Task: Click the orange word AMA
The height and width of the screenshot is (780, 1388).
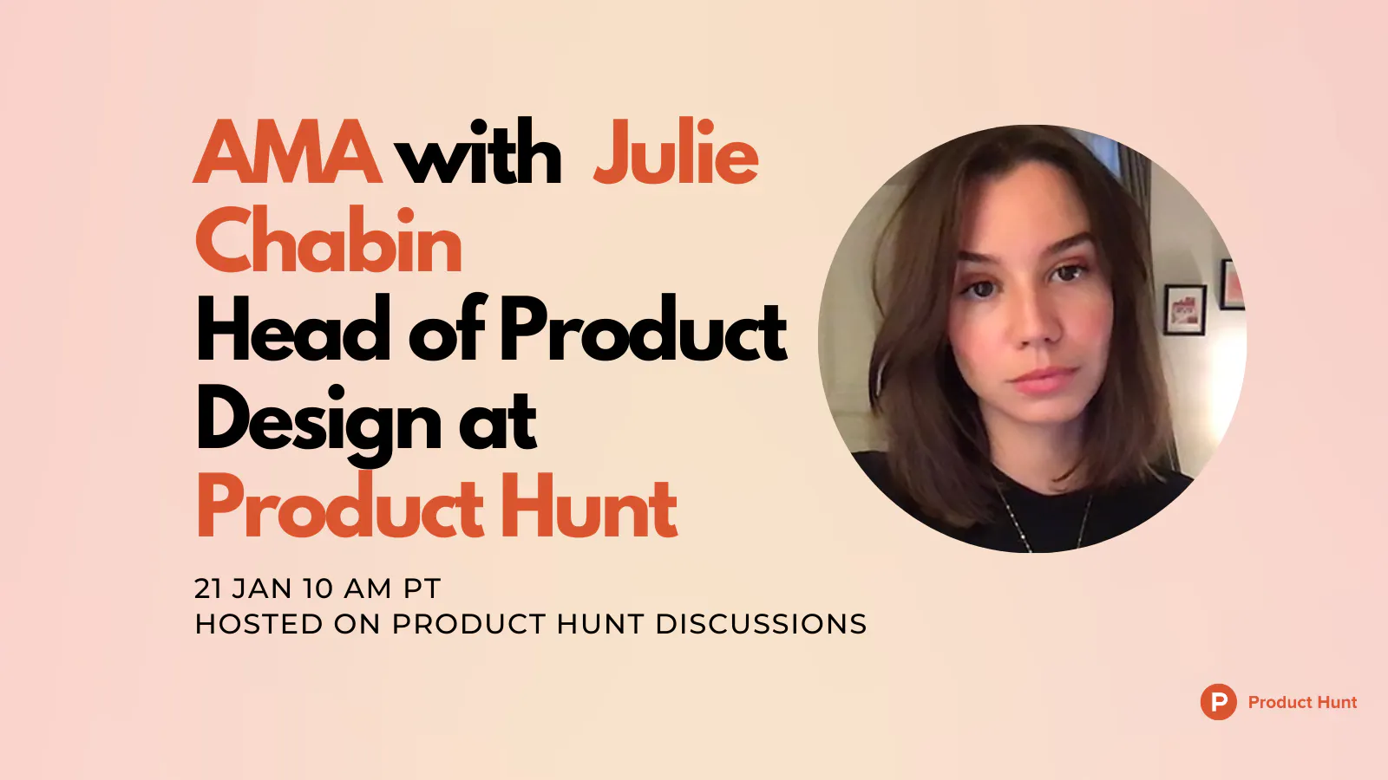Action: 287,152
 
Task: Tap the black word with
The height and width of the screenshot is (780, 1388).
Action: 478,151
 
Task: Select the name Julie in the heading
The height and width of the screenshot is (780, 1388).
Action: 676,151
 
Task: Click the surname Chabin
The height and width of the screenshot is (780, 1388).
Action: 329,239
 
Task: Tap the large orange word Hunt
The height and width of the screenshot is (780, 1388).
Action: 588,505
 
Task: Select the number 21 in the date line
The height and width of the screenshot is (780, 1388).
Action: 207,588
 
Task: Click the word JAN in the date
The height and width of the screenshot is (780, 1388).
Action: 262,588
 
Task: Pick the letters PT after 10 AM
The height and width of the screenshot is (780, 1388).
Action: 422,588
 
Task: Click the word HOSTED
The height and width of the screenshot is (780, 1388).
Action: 259,624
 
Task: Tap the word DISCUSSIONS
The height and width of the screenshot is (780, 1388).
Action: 761,624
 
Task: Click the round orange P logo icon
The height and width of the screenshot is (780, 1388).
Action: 1218,702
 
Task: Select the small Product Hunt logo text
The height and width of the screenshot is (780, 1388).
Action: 1302,702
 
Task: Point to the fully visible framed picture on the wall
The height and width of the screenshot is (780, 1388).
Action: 1185,309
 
